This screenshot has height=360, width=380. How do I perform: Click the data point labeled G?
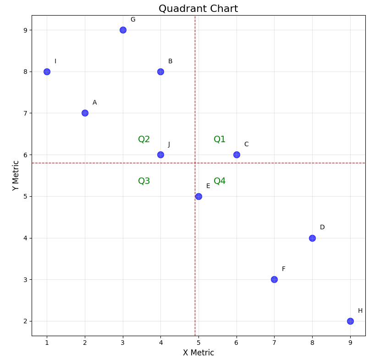pyautogui.click(x=123, y=30)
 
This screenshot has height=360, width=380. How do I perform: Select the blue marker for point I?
pyautogui.click(x=47, y=72)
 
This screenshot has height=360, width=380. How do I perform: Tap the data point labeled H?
pyautogui.click(x=350, y=321)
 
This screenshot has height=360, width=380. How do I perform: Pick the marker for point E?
pyautogui.click(x=198, y=196)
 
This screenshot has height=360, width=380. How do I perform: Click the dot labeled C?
pyautogui.click(x=237, y=155)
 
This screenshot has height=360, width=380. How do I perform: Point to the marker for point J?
pyautogui.click(x=160, y=155)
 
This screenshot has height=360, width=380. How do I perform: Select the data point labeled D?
pyautogui.click(x=312, y=238)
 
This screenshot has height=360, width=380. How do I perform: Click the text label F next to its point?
pyautogui.click(x=283, y=269)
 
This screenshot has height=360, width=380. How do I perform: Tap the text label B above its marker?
pyautogui.click(x=170, y=61)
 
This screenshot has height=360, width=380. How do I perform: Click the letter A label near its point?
pyautogui.click(x=94, y=103)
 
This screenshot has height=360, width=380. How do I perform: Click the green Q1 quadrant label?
pyautogui.click(x=220, y=139)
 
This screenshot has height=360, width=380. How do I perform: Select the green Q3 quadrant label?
pyautogui.click(x=144, y=181)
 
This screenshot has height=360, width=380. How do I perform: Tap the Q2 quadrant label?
pyautogui.click(x=144, y=139)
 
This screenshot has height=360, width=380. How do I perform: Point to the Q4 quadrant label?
pyautogui.click(x=220, y=181)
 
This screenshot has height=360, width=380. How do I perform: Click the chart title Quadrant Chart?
pyautogui.click(x=198, y=9)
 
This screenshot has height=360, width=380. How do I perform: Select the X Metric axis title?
pyautogui.click(x=198, y=353)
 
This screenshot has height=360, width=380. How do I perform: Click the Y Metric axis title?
pyautogui.click(x=16, y=175)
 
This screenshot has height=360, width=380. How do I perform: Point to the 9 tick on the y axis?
pyautogui.click(x=25, y=30)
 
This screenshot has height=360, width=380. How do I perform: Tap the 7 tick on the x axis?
pyautogui.click(x=274, y=343)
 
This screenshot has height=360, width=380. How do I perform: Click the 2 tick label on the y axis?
pyautogui.click(x=25, y=321)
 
